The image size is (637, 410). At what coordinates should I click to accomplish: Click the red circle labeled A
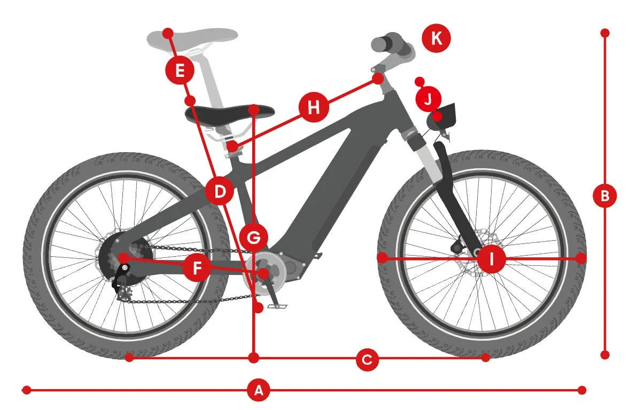[258, 391]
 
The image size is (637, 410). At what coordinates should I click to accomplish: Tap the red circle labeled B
[605, 196]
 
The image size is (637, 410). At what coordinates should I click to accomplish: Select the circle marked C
[367, 360]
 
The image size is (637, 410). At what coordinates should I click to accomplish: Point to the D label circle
[220, 191]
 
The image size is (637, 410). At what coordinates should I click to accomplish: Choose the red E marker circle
[180, 70]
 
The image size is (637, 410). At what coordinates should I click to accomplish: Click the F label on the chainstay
[197, 267]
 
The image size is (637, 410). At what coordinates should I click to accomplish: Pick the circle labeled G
[253, 237]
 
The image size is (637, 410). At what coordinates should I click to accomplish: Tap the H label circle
[313, 108]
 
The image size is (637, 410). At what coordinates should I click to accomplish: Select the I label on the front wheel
[492, 258]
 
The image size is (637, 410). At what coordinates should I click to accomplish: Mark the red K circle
[436, 38]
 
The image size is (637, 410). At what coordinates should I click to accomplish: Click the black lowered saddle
[230, 114]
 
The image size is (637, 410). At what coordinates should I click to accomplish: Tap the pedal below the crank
[277, 306]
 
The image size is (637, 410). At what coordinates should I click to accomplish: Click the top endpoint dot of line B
[605, 33]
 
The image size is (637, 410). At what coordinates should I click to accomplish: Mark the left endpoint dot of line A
[26, 391]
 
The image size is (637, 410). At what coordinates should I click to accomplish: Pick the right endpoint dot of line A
[582, 391]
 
